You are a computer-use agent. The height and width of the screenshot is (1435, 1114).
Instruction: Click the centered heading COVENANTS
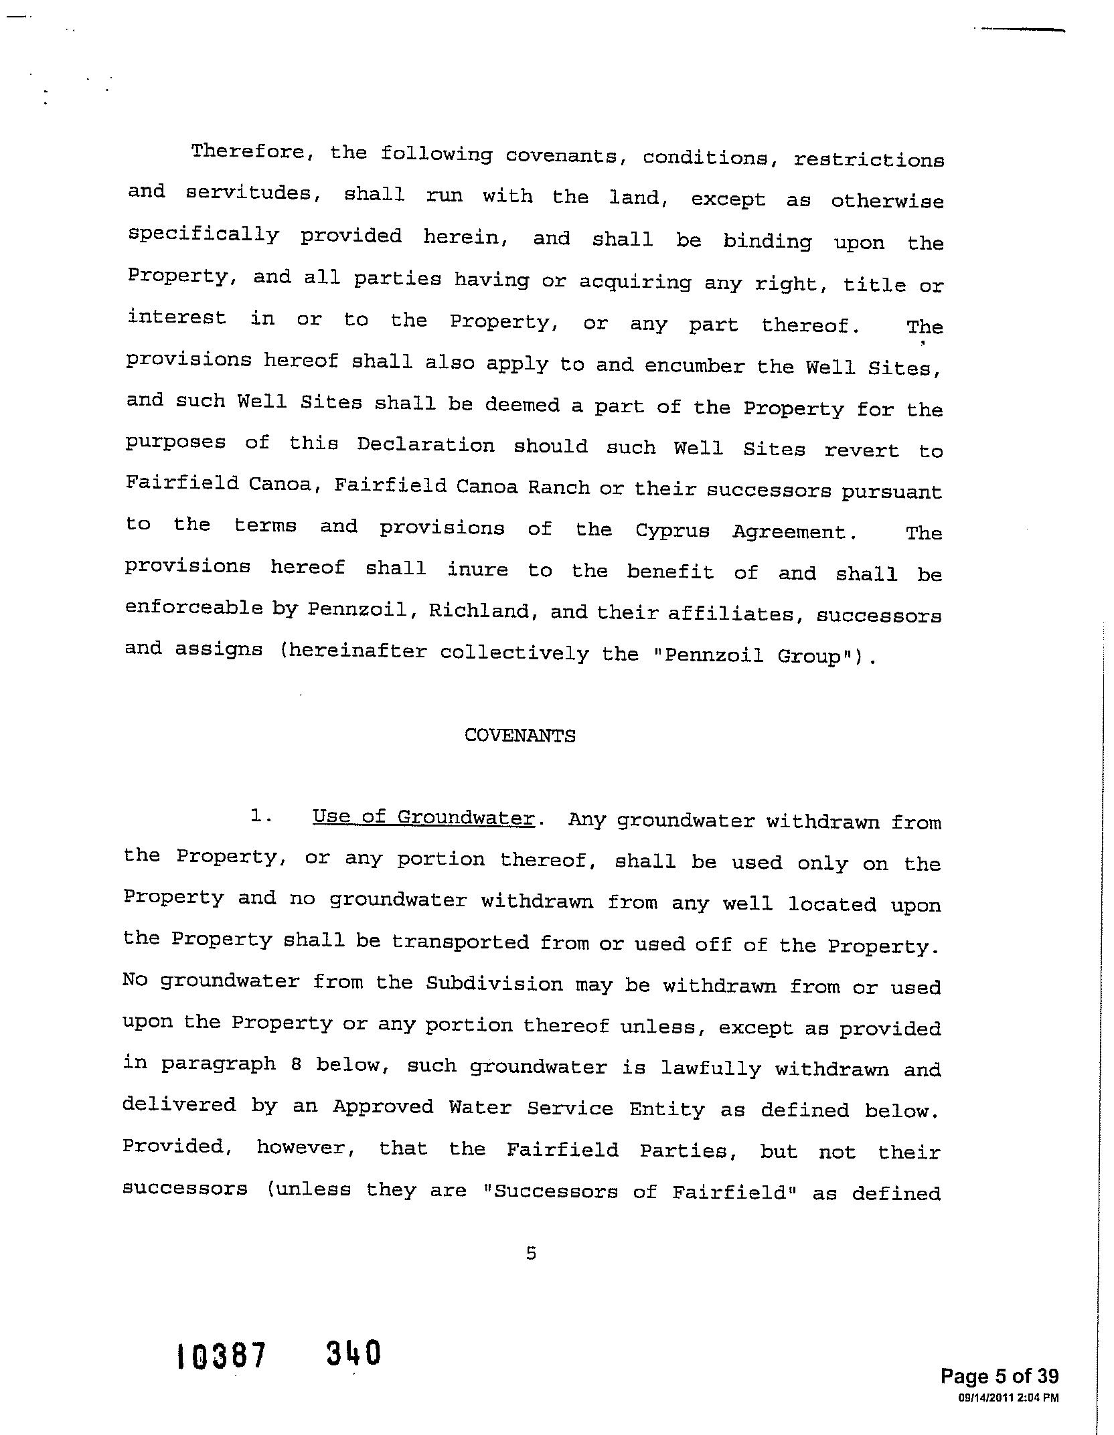520,736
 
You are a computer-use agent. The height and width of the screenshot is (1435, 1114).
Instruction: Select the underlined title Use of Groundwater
423,818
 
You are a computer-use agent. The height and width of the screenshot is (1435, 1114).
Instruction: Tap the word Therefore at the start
248,153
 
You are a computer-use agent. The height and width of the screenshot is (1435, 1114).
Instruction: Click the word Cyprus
672,531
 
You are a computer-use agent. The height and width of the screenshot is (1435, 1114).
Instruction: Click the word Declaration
425,445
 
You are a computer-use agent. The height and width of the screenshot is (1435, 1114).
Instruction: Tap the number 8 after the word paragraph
295,1065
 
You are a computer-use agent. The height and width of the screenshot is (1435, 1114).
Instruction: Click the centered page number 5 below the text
531,1254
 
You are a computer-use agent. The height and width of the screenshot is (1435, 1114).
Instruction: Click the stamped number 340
353,1353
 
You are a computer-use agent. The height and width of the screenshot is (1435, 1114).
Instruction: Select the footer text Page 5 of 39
999,1376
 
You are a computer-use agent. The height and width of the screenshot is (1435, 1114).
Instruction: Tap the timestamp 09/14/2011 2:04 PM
1008,1397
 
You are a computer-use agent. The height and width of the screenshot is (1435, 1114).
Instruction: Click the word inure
477,570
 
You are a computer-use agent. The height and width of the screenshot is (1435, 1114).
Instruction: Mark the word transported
461,942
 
